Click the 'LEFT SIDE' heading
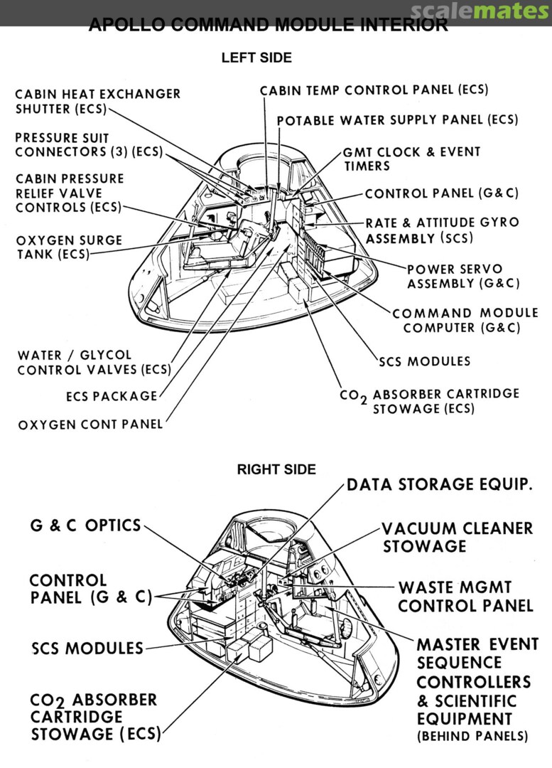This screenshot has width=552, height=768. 256,58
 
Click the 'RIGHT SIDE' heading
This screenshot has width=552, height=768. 276,469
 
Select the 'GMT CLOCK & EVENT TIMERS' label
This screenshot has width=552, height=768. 411,159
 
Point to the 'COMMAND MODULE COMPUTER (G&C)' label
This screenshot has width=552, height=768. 465,320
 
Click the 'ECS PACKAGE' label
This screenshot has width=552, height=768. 111,396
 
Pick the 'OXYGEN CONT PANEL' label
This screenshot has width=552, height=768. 90,424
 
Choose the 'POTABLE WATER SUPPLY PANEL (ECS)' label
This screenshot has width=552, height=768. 397,120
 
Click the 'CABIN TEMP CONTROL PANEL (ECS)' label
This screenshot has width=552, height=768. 374,90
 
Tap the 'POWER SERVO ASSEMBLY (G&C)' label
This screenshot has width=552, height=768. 462,276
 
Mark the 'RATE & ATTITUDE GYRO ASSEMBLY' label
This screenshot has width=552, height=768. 442,230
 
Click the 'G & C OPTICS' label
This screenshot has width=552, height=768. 85,526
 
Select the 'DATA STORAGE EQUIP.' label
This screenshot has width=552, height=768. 440,485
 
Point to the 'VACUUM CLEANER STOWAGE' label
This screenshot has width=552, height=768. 457,538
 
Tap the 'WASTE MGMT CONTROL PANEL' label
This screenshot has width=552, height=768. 465,597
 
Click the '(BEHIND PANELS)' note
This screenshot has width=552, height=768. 472,736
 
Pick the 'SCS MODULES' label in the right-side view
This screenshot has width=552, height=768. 87,649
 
